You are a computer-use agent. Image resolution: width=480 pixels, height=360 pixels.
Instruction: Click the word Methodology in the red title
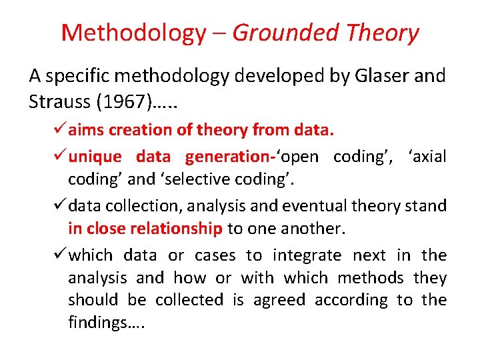[x=133, y=32]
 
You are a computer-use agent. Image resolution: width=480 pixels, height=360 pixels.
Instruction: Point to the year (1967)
[x=119, y=102]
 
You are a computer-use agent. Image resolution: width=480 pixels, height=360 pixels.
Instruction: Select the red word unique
[x=95, y=157]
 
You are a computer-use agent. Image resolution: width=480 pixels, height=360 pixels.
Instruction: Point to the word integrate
[x=307, y=255]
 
